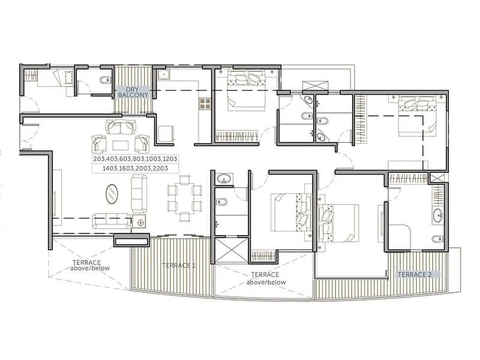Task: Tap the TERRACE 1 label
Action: click(x=178, y=266)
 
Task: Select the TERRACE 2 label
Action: click(x=415, y=274)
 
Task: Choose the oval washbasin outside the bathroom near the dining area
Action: click(x=225, y=178)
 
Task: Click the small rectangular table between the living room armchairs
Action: click(x=120, y=145)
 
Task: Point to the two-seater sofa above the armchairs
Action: click(x=120, y=127)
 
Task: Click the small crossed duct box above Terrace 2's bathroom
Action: click(x=437, y=178)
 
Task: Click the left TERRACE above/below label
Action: click(x=89, y=266)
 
